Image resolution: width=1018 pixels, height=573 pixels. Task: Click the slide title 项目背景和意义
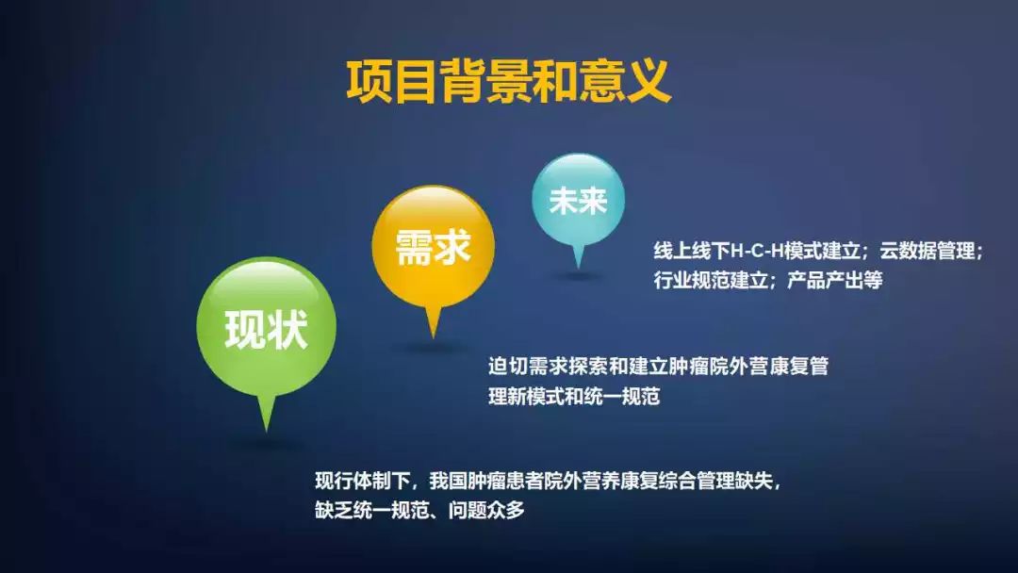click(x=508, y=81)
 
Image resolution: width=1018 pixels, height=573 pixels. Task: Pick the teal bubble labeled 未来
click(x=578, y=200)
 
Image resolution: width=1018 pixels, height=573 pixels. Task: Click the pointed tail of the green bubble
click(x=267, y=415)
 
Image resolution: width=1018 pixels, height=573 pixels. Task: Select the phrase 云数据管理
click(x=929, y=253)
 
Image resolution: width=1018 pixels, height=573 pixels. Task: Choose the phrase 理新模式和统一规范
click(x=574, y=396)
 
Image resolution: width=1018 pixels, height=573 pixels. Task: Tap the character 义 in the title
click(x=648, y=81)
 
